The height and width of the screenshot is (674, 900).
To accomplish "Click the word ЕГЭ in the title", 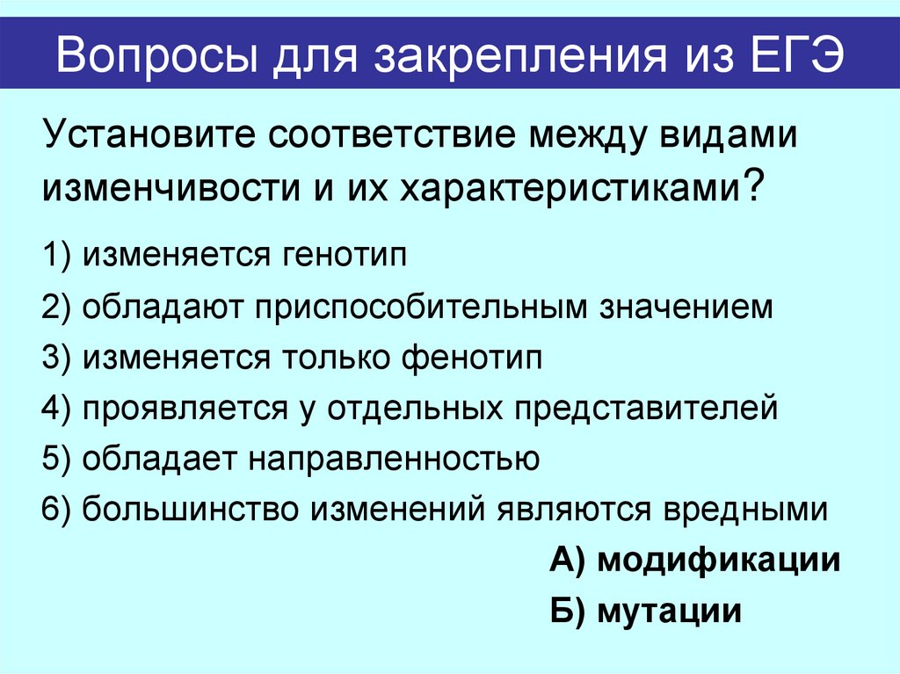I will click(x=797, y=58).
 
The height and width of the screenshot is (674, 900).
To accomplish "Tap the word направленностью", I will click(x=395, y=459).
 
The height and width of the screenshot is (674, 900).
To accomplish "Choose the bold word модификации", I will click(x=719, y=560).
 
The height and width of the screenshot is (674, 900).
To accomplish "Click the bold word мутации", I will click(x=670, y=611).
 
